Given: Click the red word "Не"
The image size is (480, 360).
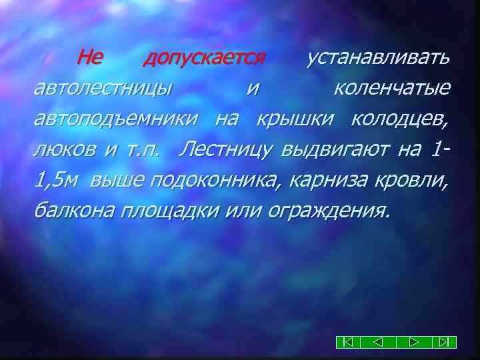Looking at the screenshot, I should (89, 59).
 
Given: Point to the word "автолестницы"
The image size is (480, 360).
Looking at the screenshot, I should (103, 89).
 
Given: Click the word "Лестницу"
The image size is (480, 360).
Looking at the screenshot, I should (225, 149).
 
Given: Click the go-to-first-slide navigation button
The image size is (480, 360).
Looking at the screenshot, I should (348, 342).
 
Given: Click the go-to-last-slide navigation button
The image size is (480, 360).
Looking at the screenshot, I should (443, 342).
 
